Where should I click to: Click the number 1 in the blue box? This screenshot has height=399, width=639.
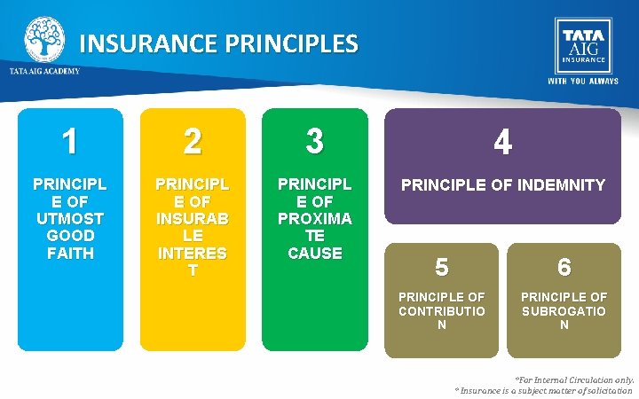[69, 141]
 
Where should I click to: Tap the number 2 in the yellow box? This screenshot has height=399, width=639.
[192, 141]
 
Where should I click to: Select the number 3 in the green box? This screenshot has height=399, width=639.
[314, 140]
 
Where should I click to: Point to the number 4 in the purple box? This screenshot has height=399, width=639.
[502, 143]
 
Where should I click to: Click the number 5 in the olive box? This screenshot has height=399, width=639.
[442, 267]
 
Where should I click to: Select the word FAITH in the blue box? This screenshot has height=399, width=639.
[69, 253]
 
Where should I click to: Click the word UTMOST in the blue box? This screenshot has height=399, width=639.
[69, 219]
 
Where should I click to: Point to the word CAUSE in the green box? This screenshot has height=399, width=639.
[314, 253]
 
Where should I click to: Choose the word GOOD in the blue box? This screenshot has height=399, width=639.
[69, 236]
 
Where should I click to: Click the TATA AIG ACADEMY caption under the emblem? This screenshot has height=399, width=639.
[44, 71]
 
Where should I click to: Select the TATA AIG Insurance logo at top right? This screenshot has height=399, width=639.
[582, 44]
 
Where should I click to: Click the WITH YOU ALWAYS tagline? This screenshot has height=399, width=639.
[582, 81]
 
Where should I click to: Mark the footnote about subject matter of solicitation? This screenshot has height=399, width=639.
[543, 390]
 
